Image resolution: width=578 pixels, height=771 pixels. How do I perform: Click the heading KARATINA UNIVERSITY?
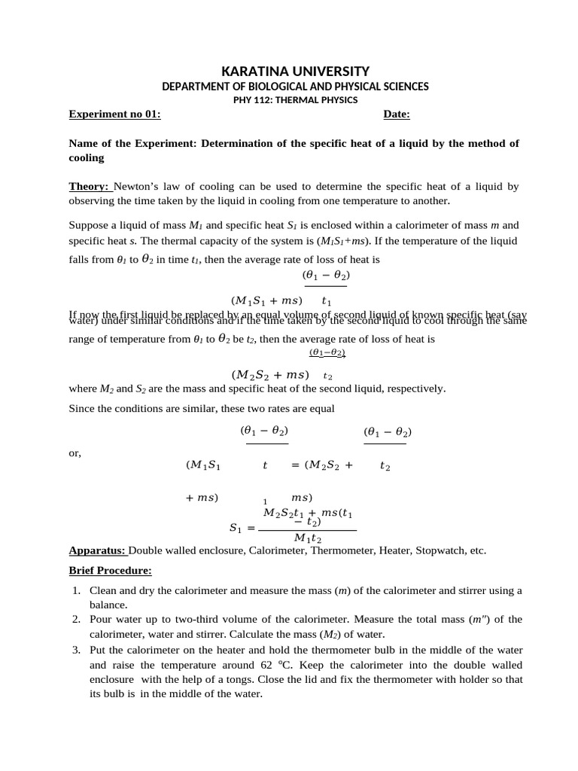(288, 72)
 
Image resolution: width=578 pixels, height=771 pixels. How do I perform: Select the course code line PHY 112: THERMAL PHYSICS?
(288, 99)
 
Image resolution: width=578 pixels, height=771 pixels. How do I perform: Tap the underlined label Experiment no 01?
(114, 114)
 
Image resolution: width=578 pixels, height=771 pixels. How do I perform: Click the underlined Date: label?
(397, 114)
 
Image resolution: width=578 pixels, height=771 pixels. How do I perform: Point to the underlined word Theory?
(90, 187)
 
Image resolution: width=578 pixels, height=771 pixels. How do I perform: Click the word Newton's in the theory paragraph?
(136, 187)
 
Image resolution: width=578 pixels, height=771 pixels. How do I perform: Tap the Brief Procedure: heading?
(110, 570)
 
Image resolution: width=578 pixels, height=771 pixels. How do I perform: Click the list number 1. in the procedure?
(77, 591)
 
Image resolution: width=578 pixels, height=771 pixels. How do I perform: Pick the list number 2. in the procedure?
(77, 620)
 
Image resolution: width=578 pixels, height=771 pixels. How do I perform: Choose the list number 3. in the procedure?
(77, 650)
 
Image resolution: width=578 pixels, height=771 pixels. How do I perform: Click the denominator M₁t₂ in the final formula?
(308, 538)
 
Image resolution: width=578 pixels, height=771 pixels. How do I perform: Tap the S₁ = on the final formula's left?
(242, 529)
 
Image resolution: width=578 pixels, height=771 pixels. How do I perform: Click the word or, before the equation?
(75, 453)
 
